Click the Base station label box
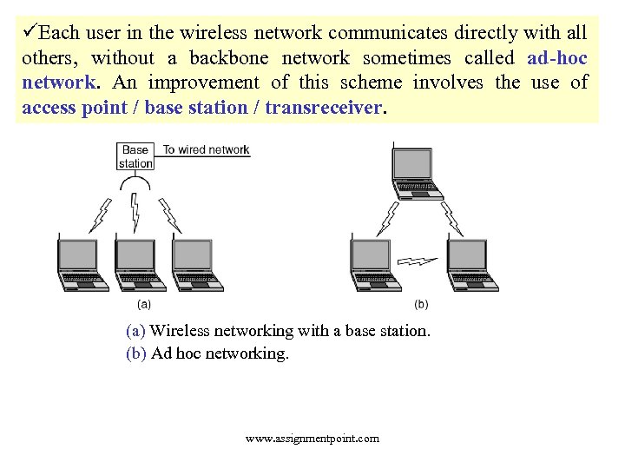click(x=135, y=156)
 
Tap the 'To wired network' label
click(x=206, y=149)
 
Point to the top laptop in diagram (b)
click(x=416, y=175)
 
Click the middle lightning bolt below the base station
click(x=135, y=212)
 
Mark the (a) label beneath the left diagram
click(x=144, y=304)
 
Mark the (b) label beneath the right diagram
click(x=421, y=304)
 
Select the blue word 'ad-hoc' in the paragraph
click(x=556, y=58)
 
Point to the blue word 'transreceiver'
click(x=323, y=108)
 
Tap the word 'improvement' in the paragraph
click(x=204, y=83)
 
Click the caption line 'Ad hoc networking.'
click(x=220, y=353)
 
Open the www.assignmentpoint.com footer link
click(x=312, y=438)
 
